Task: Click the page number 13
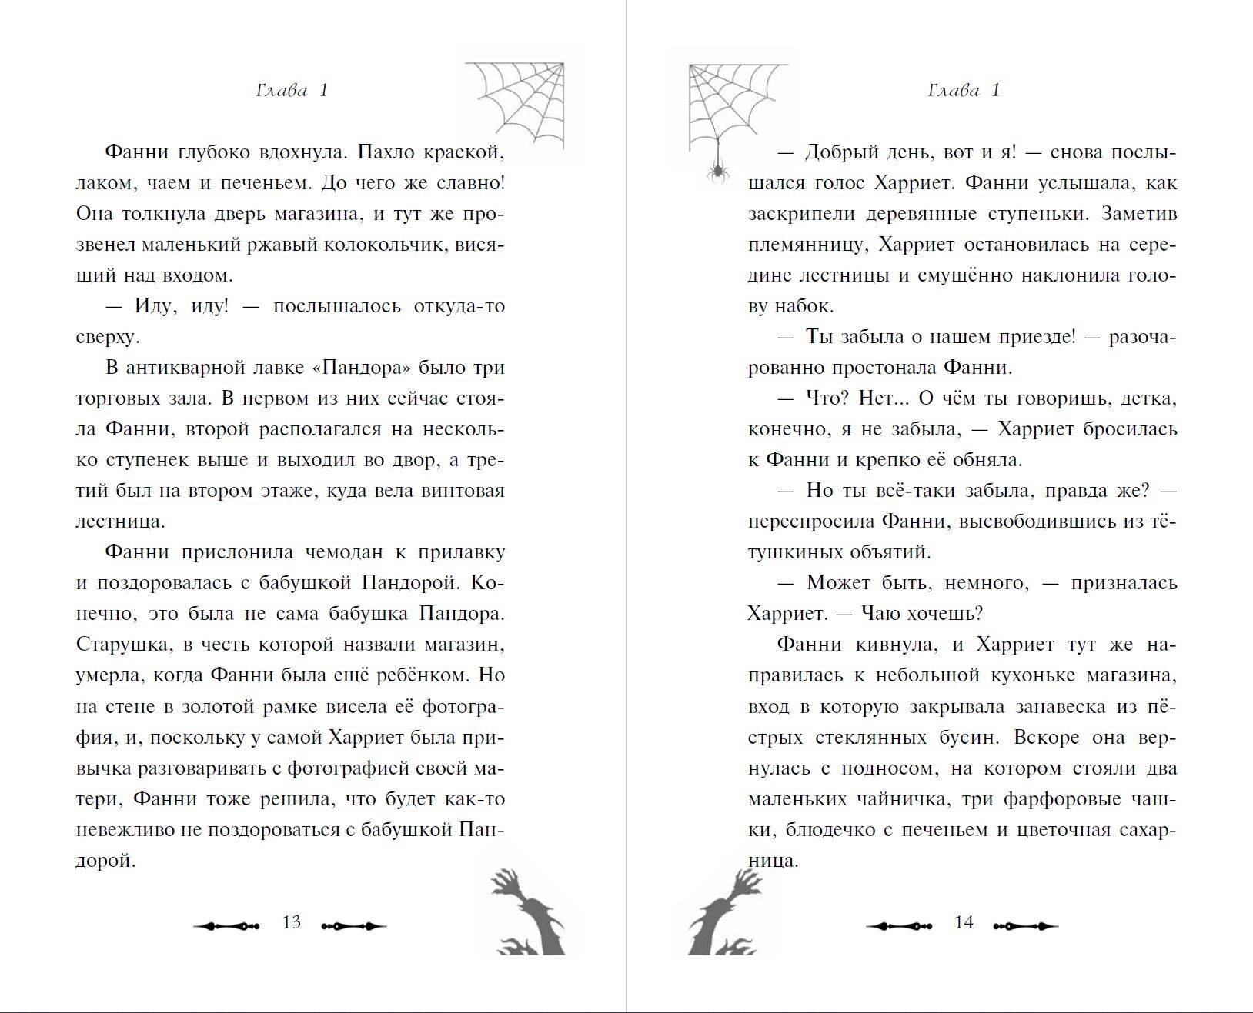[x=291, y=922]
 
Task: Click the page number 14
[x=964, y=922]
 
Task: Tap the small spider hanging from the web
[x=719, y=170]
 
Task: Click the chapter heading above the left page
[x=292, y=91]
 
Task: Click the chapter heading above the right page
[x=964, y=91]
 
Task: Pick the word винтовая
[x=463, y=491]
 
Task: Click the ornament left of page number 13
[x=226, y=926]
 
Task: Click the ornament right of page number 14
[x=1026, y=926]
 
